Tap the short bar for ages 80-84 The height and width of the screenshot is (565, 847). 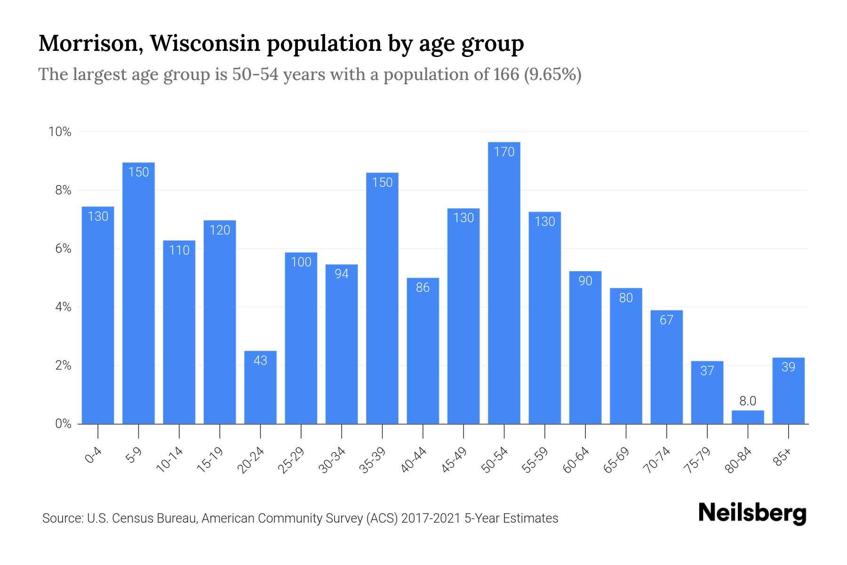pos(748,417)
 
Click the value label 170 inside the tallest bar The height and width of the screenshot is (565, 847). pos(504,152)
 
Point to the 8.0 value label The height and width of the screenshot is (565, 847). pos(748,401)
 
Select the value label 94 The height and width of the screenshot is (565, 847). pos(342,274)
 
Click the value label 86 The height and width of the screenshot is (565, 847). pos(423,287)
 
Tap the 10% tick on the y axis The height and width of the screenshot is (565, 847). pos(60,132)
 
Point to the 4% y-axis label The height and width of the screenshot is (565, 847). pos(63,307)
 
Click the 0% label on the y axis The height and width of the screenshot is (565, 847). pos(63,424)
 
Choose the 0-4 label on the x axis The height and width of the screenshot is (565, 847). pos(94,456)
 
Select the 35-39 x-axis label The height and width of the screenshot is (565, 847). pos(372,460)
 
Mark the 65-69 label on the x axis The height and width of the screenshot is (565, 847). pos(616,460)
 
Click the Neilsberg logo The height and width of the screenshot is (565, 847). pos(752,514)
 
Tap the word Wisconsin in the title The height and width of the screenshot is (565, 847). pos(206,43)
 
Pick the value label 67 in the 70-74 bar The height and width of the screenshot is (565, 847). pos(666,320)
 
